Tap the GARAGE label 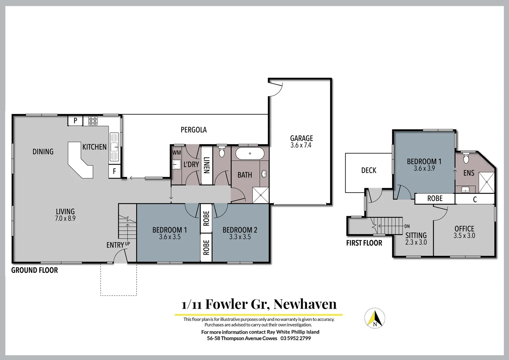[x=301, y=138]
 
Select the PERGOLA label [x=194, y=130]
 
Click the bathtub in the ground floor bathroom [x=250, y=154]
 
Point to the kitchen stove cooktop [x=93, y=121]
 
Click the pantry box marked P [x=75, y=121]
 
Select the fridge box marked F [x=114, y=171]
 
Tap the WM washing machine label [x=177, y=153]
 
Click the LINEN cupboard [x=207, y=165]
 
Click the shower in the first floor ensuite [x=487, y=182]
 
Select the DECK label [x=369, y=170]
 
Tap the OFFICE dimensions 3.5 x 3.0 [x=464, y=236]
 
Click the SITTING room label [x=416, y=235]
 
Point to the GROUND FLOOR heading [x=35, y=270]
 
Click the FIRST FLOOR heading [x=364, y=243]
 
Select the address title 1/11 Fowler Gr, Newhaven [x=259, y=304]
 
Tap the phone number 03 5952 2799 [x=295, y=338]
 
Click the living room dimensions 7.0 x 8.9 [x=65, y=219]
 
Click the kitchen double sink [x=114, y=146]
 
